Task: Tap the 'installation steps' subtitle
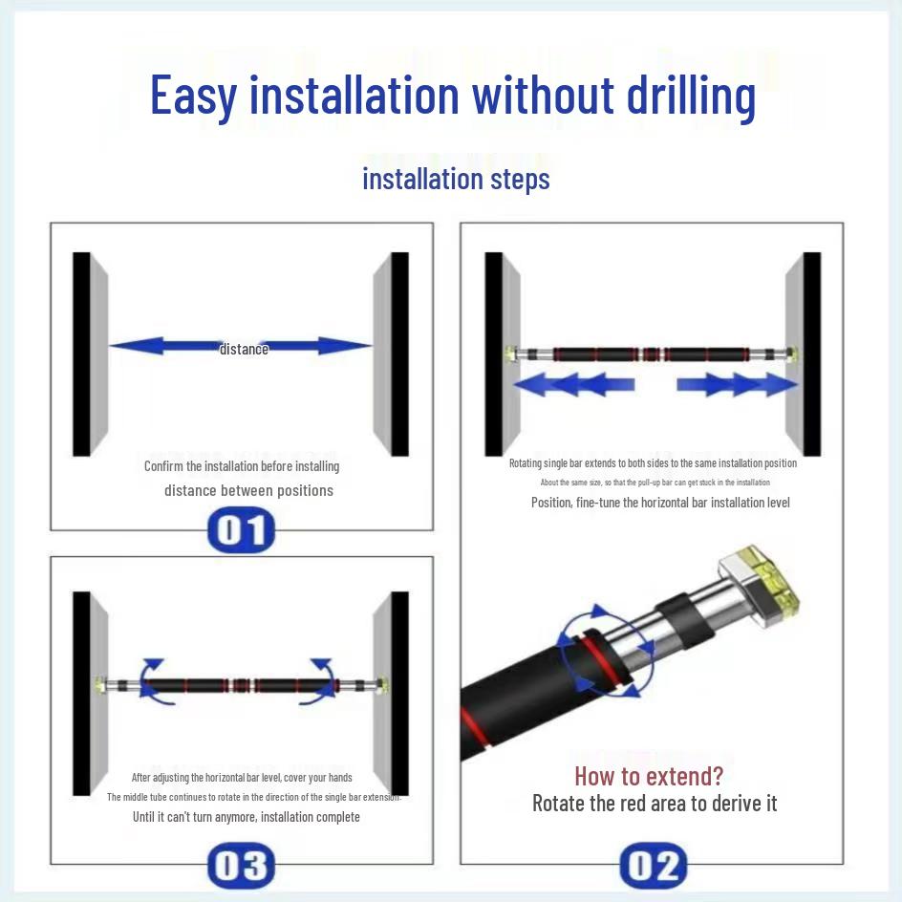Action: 456,179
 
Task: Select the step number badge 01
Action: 241,531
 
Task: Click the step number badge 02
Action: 654,866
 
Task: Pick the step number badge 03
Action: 241,866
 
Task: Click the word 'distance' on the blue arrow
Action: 244,349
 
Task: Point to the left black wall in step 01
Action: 82,354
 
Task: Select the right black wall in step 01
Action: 399,354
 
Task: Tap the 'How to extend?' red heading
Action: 649,775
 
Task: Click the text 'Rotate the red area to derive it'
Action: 655,803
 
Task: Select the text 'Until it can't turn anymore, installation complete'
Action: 247,817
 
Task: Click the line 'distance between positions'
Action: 248,490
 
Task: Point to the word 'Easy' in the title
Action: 192,95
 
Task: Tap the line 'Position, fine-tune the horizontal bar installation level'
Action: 660,502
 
